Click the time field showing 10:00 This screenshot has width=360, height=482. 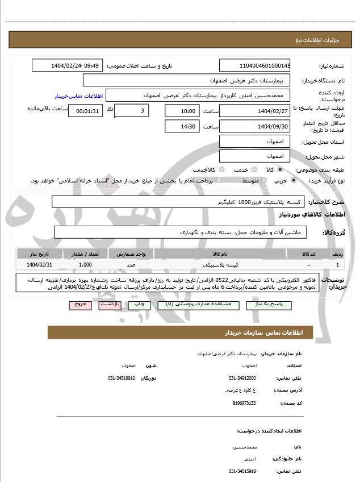[x=182, y=111]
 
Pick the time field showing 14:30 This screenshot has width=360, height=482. [x=182, y=126]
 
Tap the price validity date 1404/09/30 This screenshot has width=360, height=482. [x=254, y=126]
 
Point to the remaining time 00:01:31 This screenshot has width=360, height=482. [x=85, y=111]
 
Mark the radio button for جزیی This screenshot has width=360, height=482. [x=293, y=180]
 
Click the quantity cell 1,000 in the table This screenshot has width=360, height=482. [x=86, y=265]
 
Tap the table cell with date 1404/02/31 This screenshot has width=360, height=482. [x=39, y=265]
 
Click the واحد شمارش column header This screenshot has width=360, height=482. [x=131, y=254]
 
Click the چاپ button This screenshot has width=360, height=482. [x=139, y=305]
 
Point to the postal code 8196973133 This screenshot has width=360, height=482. [x=244, y=403]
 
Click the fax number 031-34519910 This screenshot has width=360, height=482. [x=122, y=378]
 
